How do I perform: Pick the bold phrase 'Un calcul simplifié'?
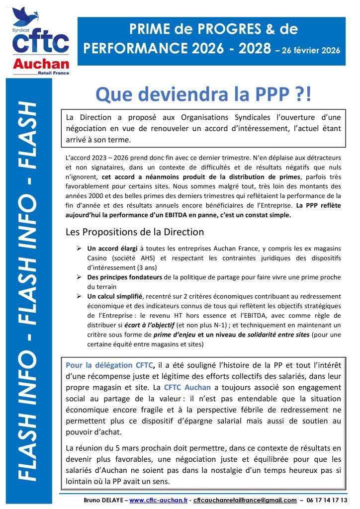coord(112,296)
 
